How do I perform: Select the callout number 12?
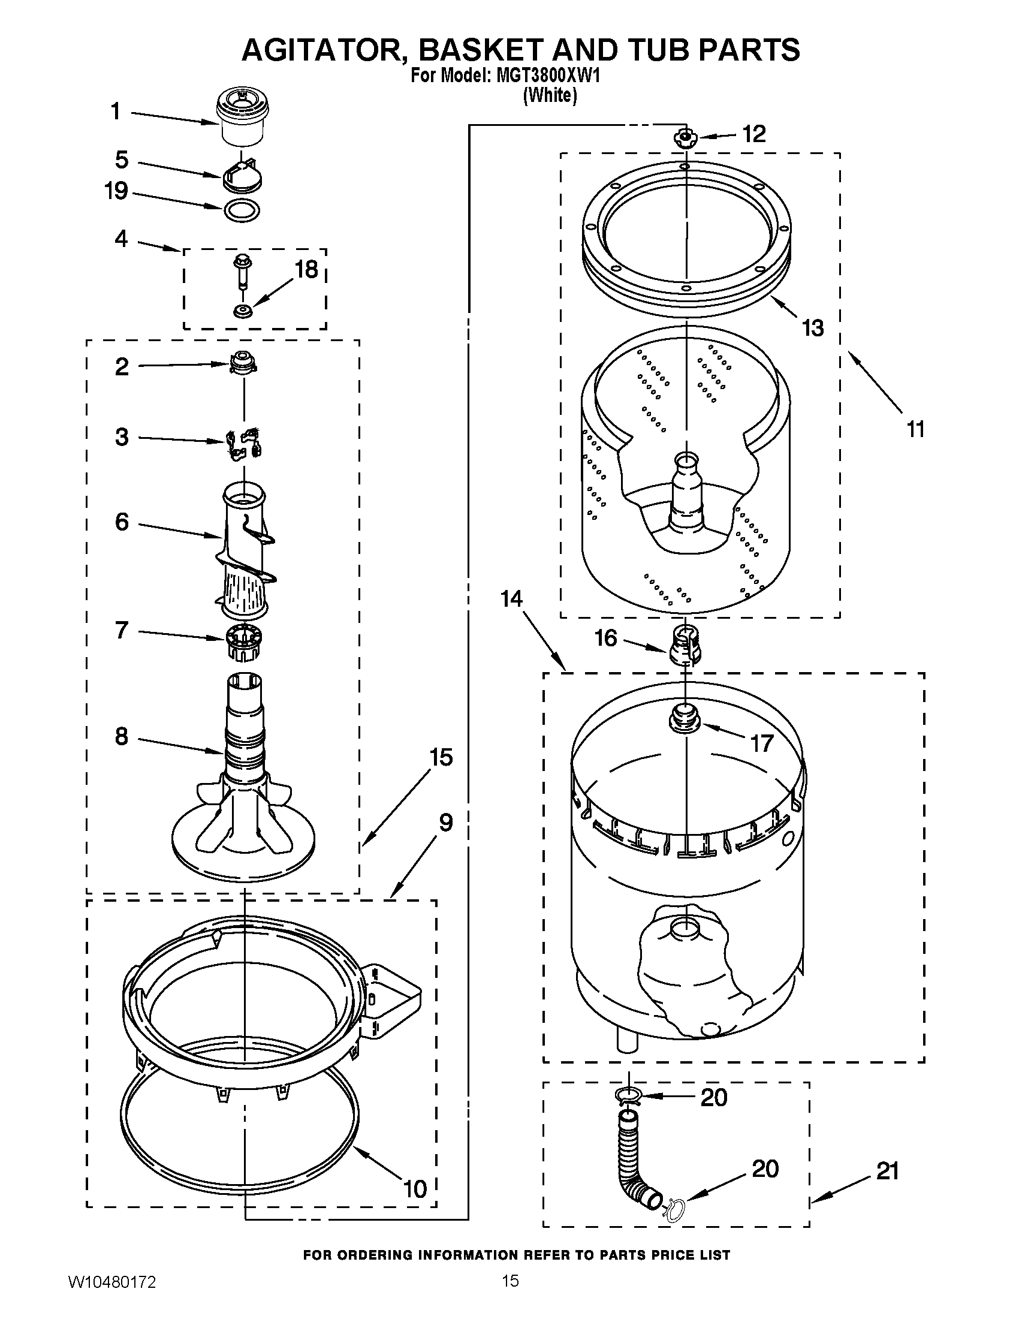point(753,134)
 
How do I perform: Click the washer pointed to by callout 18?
point(243,312)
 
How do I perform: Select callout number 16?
point(606,639)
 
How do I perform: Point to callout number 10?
point(415,1189)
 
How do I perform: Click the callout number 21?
point(887,1172)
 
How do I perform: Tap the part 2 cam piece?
point(243,363)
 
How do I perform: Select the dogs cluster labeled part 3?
point(243,444)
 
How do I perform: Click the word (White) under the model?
point(549,95)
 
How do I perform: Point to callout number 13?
point(813,329)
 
